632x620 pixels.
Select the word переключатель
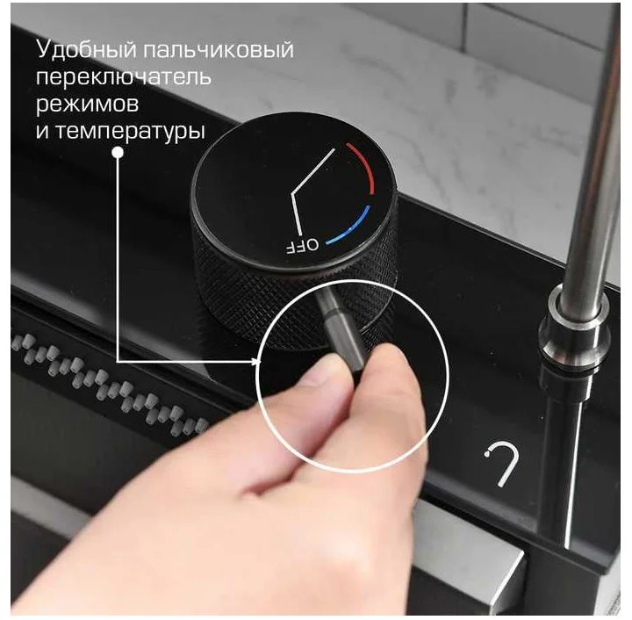click(x=124, y=76)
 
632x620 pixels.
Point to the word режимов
click(x=87, y=105)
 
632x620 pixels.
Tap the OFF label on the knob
click(x=302, y=245)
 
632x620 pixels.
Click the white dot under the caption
click(x=118, y=153)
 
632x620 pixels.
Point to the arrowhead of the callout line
click(x=257, y=362)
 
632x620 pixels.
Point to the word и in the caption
click(x=43, y=131)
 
